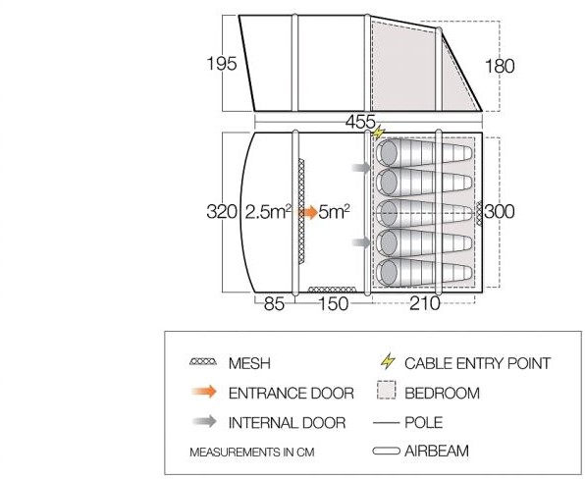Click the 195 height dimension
[222, 64]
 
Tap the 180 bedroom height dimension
[500, 66]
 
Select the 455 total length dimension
[360, 122]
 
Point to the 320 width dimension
[222, 212]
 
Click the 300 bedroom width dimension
[500, 211]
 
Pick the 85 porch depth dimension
[274, 303]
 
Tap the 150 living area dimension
[334, 303]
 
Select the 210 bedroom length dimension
[425, 302]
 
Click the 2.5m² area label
[268, 212]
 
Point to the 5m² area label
[335, 212]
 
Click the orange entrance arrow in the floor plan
[307, 213]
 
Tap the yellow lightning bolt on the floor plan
[378, 133]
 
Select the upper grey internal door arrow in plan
[361, 168]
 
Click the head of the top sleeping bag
[388, 153]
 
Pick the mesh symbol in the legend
[203, 361]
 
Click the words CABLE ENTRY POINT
[477, 363]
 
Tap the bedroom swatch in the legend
[386, 390]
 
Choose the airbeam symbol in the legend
[386, 451]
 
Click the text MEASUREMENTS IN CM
[252, 452]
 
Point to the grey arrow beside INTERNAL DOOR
[204, 421]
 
